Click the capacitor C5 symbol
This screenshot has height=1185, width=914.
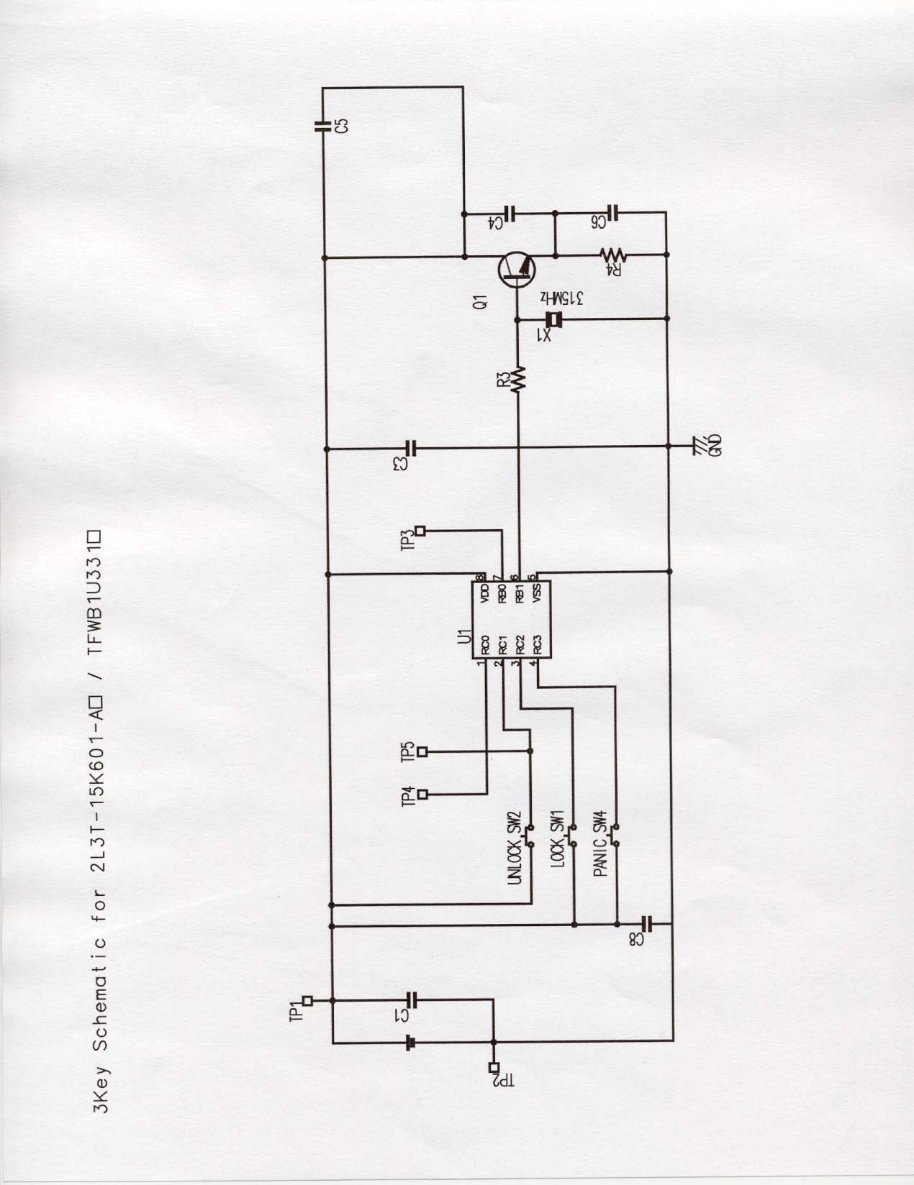[323, 127]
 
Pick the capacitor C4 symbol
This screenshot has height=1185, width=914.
[510, 213]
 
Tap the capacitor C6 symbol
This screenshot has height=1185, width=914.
[612, 213]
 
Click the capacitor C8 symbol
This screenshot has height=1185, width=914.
[646, 923]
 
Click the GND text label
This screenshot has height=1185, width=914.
[715, 446]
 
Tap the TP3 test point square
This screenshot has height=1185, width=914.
[421, 531]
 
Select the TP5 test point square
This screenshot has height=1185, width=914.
[422, 751]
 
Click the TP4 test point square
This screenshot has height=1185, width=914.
[422, 794]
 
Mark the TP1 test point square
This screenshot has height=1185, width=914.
[307, 999]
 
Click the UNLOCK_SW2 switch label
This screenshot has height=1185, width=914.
[513, 857]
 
